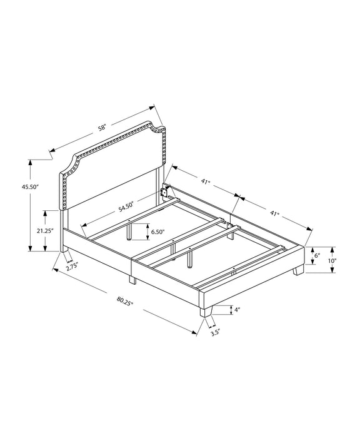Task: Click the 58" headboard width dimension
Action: point(102,128)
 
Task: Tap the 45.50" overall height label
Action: point(29,187)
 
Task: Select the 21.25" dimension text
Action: point(45,231)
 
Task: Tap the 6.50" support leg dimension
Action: point(157,232)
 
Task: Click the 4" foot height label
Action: point(237,310)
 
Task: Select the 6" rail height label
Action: point(317,255)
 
